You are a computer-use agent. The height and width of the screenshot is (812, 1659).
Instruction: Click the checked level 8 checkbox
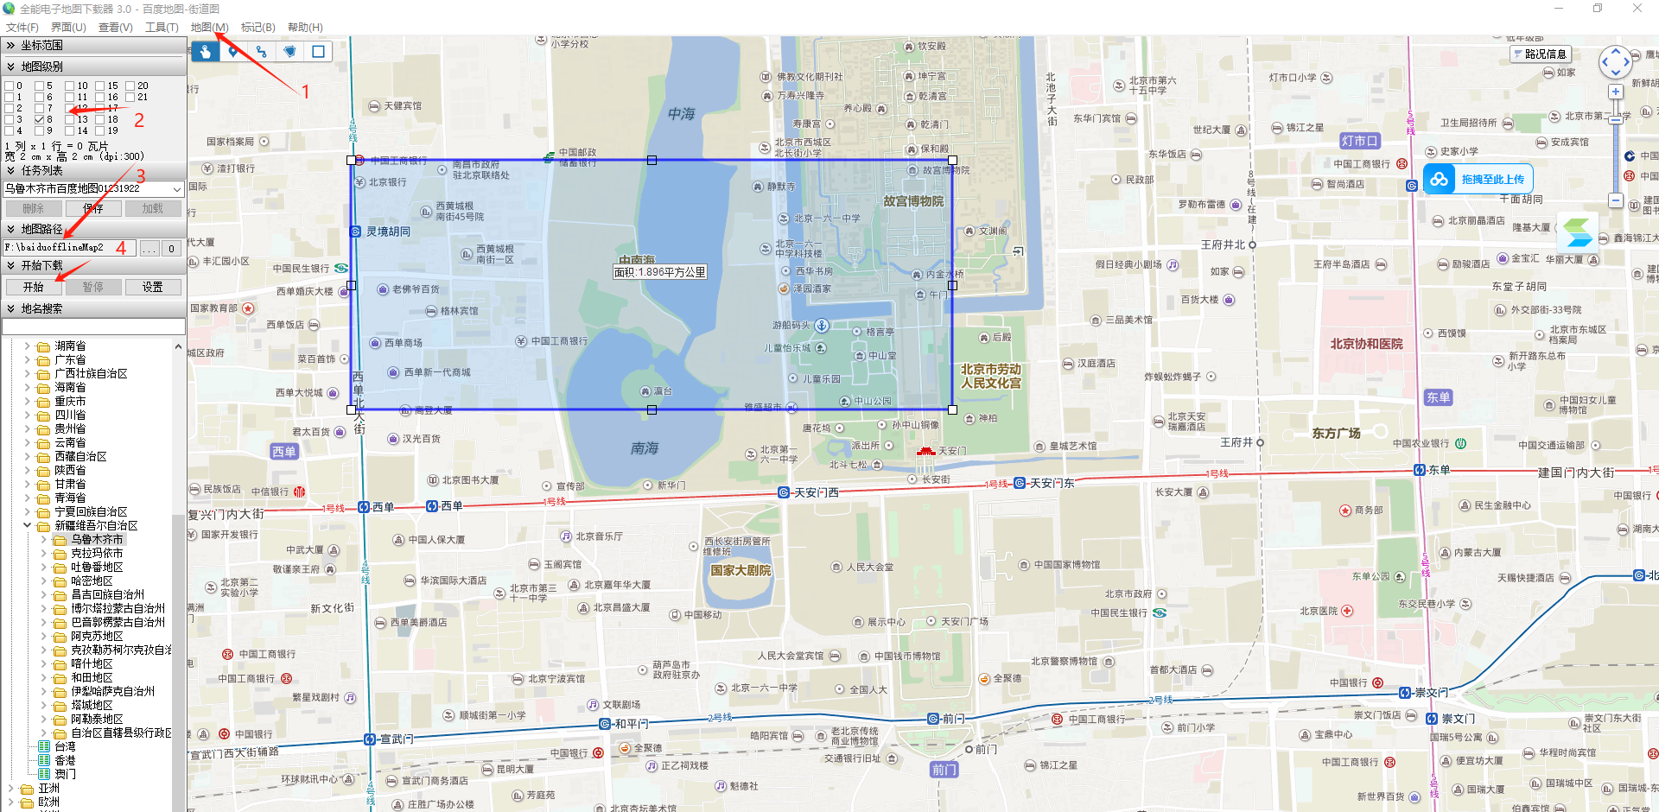pos(39,119)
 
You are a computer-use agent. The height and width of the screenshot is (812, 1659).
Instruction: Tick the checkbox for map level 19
pos(99,130)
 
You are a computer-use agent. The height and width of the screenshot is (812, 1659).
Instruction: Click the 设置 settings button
pos(152,287)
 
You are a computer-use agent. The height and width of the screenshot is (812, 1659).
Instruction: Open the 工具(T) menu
pos(162,28)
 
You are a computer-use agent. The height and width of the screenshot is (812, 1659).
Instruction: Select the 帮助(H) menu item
pos(305,28)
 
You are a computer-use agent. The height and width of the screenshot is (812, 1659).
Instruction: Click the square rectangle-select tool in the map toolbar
pos(318,52)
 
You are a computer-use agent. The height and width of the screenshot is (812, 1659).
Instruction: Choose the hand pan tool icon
pos(206,52)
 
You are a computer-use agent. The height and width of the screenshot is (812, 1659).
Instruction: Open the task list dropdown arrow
pos(177,188)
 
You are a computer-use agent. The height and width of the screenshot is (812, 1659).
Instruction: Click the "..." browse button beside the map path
pos(149,249)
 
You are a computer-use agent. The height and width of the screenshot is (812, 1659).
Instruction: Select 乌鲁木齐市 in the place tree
pos(97,539)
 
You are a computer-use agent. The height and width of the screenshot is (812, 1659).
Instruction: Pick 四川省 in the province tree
pos(70,415)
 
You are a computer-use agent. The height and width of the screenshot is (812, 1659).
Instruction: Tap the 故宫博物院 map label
pos(913,201)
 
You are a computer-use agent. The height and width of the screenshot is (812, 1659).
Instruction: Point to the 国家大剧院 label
pos(741,570)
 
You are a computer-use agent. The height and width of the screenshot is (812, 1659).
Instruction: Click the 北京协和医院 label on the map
pos(1366,344)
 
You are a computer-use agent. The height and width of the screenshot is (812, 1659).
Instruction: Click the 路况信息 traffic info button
pos(1540,54)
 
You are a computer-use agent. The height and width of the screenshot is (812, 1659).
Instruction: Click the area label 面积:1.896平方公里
pos(660,272)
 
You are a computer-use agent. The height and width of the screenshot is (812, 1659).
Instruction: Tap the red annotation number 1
pos(305,92)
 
